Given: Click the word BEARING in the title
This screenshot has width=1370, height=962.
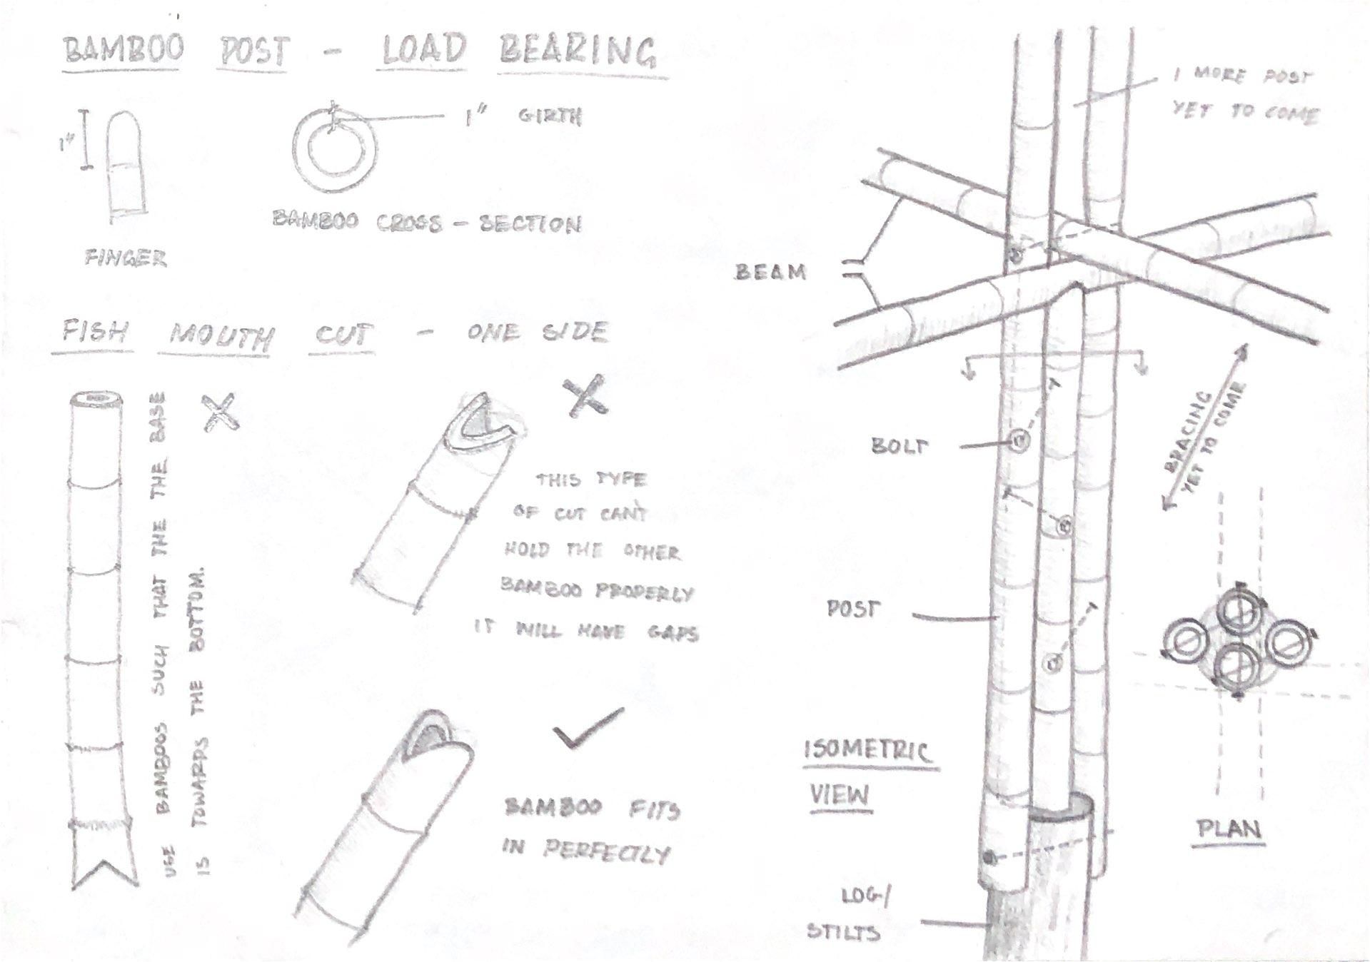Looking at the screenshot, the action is click(x=577, y=51).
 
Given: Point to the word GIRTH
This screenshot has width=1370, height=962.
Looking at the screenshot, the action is click(x=550, y=116).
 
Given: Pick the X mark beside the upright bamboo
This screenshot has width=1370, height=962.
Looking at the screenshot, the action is click(x=221, y=412).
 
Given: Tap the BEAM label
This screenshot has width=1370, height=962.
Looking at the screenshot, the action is click(x=770, y=272).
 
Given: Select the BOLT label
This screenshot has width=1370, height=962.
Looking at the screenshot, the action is click(x=900, y=446).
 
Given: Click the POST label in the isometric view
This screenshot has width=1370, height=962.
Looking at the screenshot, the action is click(x=853, y=609).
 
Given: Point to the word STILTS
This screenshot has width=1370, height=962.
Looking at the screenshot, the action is click(x=842, y=932).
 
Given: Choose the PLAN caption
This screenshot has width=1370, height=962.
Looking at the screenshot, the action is click(x=1229, y=829).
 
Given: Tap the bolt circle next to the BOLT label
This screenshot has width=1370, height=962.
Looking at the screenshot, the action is click(x=1019, y=442).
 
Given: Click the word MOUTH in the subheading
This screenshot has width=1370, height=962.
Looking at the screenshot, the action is click(x=221, y=335).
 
